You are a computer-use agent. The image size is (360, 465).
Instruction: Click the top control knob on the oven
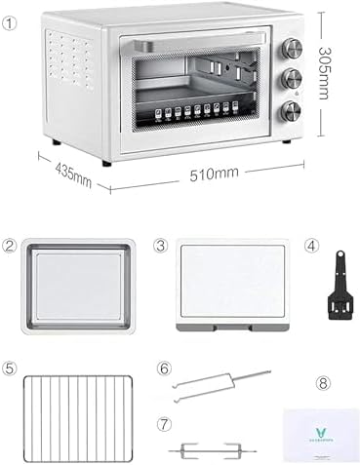pyautogui.click(x=291, y=47)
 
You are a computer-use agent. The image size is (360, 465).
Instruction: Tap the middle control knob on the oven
pyautogui.click(x=291, y=79)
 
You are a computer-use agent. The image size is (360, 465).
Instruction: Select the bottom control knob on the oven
pyautogui.click(x=291, y=111)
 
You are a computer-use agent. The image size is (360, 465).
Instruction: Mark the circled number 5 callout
pyautogui.click(x=10, y=369)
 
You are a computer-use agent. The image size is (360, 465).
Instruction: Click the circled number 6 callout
pyautogui.click(x=164, y=369)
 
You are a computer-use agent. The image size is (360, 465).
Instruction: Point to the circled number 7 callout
pyautogui.click(x=164, y=425)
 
